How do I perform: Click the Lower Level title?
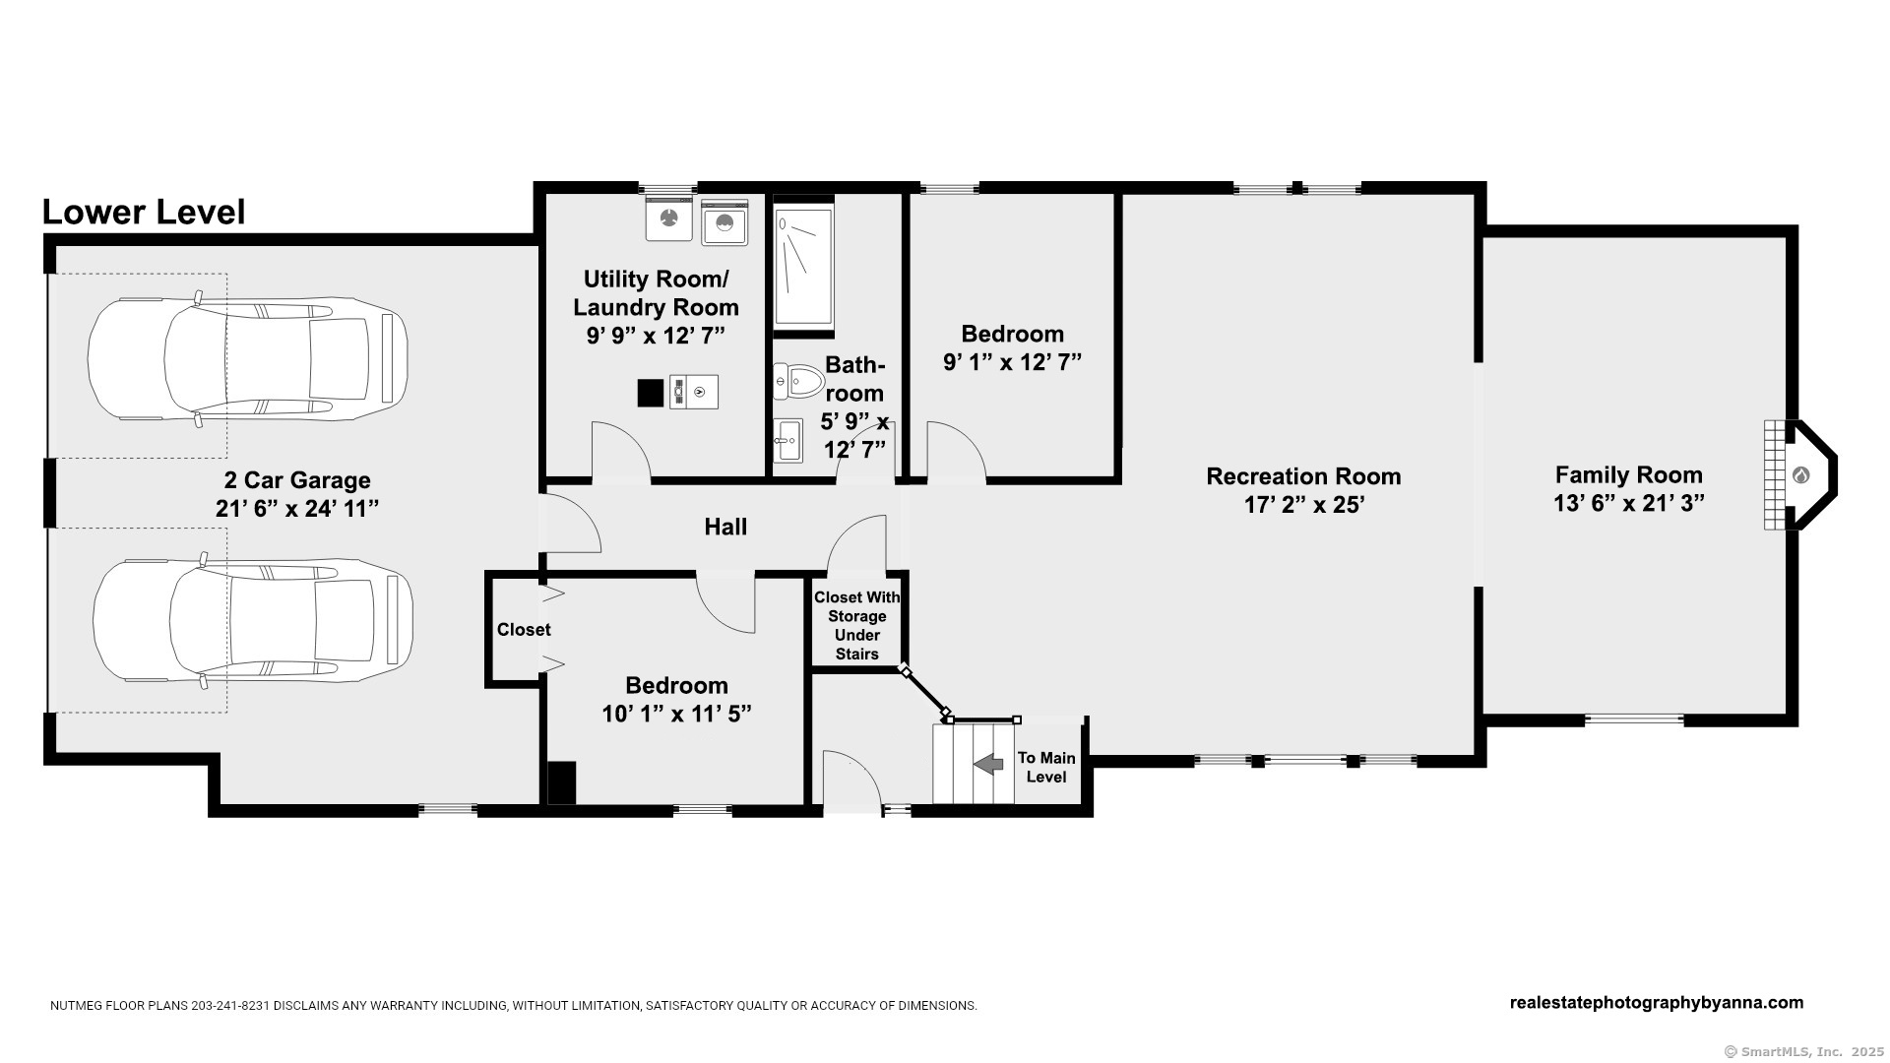[x=144, y=213]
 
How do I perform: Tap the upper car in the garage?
[x=248, y=360]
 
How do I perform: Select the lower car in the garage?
[x=253, y=620]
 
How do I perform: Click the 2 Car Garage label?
[x=297, y=480]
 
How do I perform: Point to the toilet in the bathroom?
[x=798, y=381]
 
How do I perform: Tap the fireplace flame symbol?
[x=1800, y=476]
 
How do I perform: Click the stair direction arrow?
[x=987, y=763]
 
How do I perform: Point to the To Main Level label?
[x=1046, y=767]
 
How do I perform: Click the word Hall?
[x=725, y=528]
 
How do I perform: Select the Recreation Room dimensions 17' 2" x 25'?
[x=1303, y=505]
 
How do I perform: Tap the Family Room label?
[x=1629, y=475]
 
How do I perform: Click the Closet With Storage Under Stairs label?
[x=856, y=626]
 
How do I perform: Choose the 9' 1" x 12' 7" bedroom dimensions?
[x=1012, y=362]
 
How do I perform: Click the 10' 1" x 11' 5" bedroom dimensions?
[x=677, y=714]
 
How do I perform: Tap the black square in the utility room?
[x=651, y=393]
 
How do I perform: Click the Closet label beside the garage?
[x=524, y=630]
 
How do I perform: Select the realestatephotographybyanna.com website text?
[x=1657, y=1003]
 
